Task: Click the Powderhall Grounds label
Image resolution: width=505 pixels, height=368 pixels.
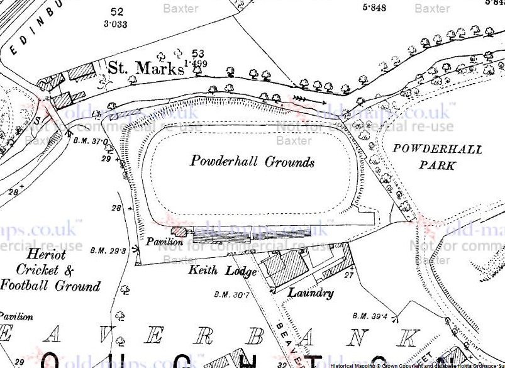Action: pos(252,162)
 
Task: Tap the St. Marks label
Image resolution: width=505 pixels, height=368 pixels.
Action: pos(145,67)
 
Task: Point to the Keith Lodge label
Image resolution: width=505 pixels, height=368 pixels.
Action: pos(222,272)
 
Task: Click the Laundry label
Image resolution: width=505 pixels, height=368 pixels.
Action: pos(310,293)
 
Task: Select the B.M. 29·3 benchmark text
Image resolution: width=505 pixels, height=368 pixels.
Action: pos(108,250)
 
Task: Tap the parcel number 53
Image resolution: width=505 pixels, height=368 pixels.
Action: pos(199,54)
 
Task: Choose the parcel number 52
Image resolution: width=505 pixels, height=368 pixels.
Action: pos(116,12)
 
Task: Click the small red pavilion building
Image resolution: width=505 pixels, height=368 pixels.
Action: pos(179,231)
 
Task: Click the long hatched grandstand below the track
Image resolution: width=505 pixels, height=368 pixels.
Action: pos(221,235)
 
